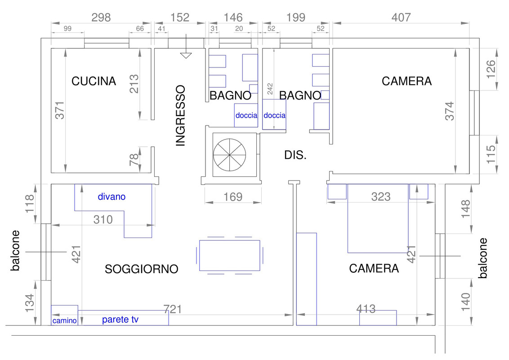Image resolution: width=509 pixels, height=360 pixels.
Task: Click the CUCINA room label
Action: click(x=94, y=81)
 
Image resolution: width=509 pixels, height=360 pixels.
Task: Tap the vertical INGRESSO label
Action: click(x=180, y=116)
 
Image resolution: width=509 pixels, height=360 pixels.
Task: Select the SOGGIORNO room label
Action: click(x=141, y=269)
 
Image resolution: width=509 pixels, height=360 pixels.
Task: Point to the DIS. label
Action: click(x=295, y=155)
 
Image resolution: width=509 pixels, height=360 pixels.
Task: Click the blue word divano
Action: click(x=112, y=197)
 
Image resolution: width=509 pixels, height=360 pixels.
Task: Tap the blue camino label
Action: click(x=64, y=321)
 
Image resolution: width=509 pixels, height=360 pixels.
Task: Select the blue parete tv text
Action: click(x=120, y=319)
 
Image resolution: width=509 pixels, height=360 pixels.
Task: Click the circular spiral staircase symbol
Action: click(x=229, y=155)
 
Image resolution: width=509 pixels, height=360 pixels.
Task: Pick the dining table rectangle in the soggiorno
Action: click(x=229, y=256)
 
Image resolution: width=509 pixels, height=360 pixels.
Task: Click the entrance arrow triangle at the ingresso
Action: click(x=186, y=55)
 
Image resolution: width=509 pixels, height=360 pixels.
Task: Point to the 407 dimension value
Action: click(x=401, y=17)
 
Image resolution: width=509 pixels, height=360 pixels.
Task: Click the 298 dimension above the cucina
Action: click(x=101, y=17)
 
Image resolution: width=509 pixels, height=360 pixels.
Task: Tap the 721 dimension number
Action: click(x=172, y=309)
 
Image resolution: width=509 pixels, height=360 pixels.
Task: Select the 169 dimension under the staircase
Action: click(x=232, y=197)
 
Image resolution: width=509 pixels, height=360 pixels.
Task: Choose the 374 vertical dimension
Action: click(x=449, y=111)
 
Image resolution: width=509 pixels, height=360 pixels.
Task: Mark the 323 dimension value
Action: click(x=381, y=197)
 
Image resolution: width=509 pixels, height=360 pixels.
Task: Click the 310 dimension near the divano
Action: click(x=103, y=220)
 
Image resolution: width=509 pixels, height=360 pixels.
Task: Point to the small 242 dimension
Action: click(x=270, y=89)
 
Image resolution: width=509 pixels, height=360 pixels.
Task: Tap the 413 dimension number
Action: click(x=366, y=309)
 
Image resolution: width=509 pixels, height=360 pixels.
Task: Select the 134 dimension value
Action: click(x=29, y=303)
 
